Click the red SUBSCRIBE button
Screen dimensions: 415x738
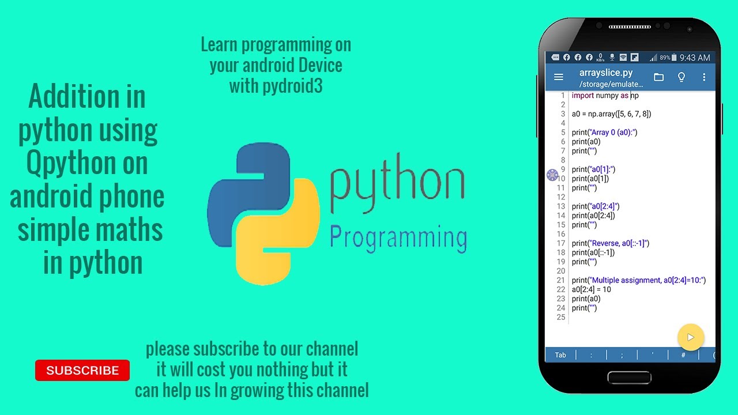point(82,371)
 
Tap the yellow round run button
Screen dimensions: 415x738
point(690,337)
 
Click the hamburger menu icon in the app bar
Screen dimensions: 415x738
point(558,77)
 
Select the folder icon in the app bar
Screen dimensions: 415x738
point(658,77)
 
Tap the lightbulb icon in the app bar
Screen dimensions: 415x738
point(681,77)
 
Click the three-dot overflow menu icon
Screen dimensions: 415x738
point(704,77)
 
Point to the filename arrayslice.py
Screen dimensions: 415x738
point(606,73)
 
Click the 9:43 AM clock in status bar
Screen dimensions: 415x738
point(695,58)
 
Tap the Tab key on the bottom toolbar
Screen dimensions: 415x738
point(560,355)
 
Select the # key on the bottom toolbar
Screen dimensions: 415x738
point(683,355)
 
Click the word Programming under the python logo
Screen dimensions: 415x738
point(398,237)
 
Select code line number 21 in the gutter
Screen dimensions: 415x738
point(561,280)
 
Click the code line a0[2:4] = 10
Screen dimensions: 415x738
point(591,289)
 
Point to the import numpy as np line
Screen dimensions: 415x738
point(605,96)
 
